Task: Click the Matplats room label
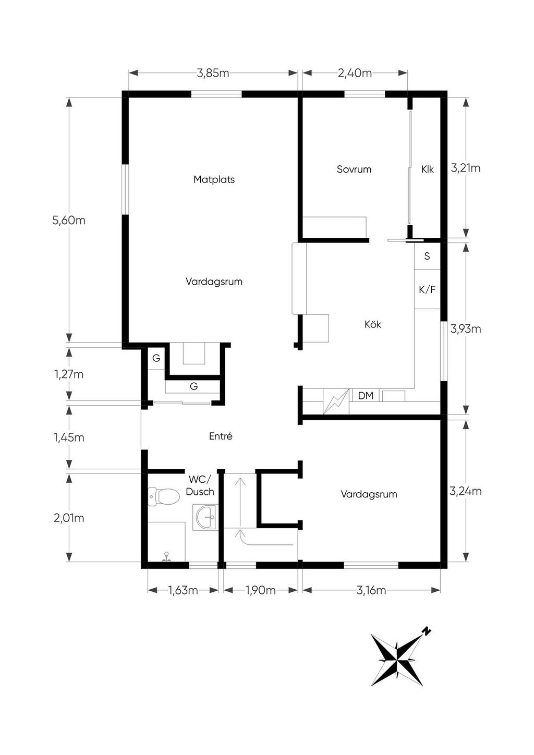(214, 180)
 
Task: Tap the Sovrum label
(354, 169)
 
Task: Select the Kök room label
(373, 324)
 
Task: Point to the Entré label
(221, 436)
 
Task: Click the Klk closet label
(427, 169)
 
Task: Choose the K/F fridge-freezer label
(427, 289)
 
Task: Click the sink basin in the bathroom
(205, 517)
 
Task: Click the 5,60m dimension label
(69, 221)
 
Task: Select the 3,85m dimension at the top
(213, 73)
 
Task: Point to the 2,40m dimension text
(355, 73)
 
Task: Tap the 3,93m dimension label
(466, 328)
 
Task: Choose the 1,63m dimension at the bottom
(183, 590)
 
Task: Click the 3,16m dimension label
(371, 590)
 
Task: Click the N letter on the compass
(427, 631)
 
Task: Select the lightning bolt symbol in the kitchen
(336, 401)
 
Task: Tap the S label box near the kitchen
(427, 256)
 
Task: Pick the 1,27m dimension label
(69, 374)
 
